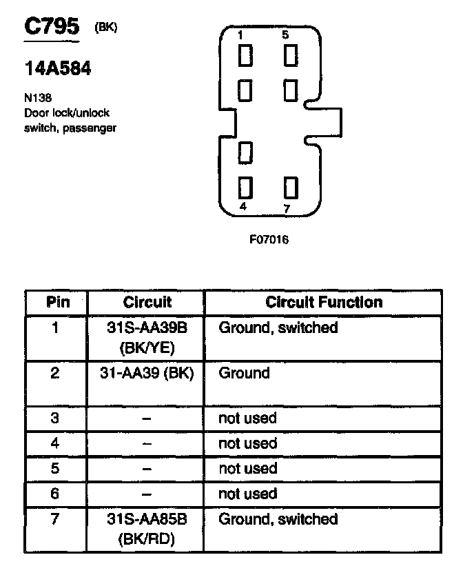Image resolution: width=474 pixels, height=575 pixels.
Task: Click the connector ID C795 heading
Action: [52, 28]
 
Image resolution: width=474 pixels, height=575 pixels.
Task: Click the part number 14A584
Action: [58, 69]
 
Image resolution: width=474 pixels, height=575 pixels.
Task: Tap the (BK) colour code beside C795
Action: [106, 28]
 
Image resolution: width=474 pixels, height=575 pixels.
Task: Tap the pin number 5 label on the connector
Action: [285, 34]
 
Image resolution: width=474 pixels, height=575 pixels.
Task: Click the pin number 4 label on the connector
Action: [243, 206]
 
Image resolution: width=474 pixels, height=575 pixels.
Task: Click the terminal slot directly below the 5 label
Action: [291, 56]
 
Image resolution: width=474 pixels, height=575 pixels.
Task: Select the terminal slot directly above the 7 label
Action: [291, 187]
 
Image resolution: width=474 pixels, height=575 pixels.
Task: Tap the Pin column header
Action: [57, 302]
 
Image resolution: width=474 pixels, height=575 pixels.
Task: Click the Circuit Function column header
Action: [323, 302]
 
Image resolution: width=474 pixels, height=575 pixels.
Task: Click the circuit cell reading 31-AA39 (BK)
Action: [147, 374]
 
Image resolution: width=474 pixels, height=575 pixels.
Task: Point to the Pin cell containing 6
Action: [57, 494]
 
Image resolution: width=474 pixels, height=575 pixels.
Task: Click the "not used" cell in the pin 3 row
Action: [247, 418]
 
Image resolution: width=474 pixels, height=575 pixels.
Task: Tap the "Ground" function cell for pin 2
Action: [244, 374]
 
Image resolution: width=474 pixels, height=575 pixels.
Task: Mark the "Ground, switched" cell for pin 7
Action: [278, 519]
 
